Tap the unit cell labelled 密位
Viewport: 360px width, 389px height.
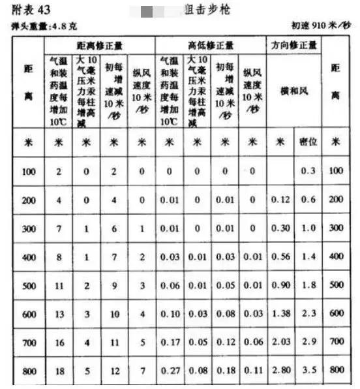click(308, 142)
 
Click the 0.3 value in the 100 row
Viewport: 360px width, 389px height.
click(308, 171)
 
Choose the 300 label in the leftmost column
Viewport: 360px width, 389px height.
click(28, 228)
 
